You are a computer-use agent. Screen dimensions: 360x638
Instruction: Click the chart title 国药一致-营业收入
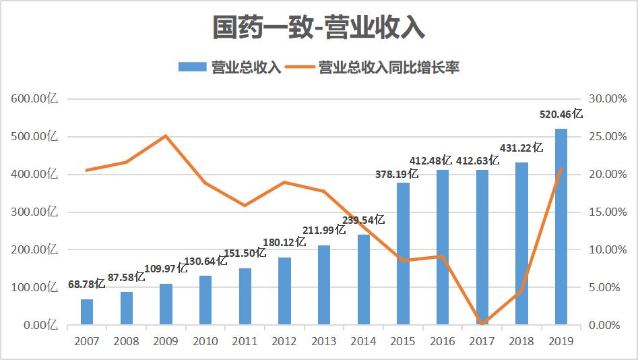[319, 28]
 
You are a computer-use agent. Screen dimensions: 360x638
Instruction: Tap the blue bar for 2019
[561, 227]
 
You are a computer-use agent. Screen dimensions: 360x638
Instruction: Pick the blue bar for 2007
[87, 312]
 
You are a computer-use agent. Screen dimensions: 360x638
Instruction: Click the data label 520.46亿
[561, 115]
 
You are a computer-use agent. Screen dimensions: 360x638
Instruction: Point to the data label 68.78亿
[87, 284]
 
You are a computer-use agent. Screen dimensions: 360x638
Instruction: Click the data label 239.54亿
[363, 220]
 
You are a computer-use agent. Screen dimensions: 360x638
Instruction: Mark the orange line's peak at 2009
[166, 136]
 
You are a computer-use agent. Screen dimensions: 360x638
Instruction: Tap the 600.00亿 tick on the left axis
[34, 99]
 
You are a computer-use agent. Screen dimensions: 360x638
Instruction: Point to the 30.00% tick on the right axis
[608, 99]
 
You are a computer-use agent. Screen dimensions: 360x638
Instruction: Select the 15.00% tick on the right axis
[608, 212]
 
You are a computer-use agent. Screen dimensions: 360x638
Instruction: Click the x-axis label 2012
[284, 341]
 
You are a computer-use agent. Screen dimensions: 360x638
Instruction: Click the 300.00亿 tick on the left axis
[34, 212]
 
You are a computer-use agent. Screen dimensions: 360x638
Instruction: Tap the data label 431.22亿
[521, 148]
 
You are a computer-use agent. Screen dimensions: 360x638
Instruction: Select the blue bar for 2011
[245, 297]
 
